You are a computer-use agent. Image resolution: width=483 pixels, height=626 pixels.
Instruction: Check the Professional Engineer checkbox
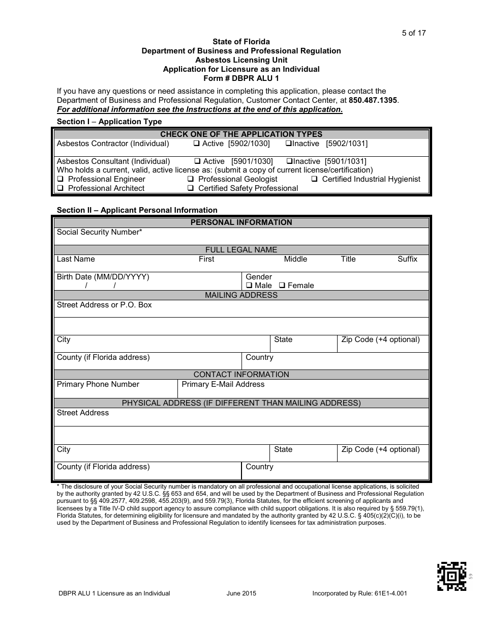point(60,179)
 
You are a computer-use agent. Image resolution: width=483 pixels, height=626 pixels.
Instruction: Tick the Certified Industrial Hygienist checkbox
point(314,179)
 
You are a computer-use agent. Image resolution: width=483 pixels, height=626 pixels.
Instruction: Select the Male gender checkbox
point(249,286)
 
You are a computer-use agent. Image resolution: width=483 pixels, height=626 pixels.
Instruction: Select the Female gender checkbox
point(282,286)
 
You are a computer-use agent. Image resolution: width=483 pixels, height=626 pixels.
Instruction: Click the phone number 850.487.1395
point(373,100)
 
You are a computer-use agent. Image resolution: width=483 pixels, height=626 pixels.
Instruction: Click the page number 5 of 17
point(413,33)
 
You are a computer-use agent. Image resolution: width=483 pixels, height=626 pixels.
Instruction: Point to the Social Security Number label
point(99,232)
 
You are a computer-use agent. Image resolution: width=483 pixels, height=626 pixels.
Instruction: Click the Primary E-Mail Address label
point(223,384)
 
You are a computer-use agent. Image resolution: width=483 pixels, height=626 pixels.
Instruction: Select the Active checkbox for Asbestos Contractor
point(197,144)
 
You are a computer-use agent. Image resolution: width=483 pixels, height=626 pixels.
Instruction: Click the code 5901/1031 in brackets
point(345,161)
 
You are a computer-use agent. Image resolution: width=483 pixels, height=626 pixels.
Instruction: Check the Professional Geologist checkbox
point(190,179)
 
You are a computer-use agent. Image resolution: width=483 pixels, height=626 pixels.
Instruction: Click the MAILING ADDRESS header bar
point(241,295)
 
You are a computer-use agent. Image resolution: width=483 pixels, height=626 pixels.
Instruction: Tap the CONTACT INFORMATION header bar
point(241,375)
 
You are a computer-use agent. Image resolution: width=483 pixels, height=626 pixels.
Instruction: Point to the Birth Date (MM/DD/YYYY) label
point(103,277)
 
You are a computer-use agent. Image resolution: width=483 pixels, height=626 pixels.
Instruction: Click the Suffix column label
point(407,259)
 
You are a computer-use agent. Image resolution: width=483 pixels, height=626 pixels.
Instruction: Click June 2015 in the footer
point(242,593)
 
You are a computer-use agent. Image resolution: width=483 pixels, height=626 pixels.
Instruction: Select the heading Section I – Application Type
point(109,122)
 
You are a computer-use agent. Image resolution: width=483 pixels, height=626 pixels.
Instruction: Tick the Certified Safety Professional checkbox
point(190,188)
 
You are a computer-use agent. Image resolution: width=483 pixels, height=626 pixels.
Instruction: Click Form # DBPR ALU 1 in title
point(241,78)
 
